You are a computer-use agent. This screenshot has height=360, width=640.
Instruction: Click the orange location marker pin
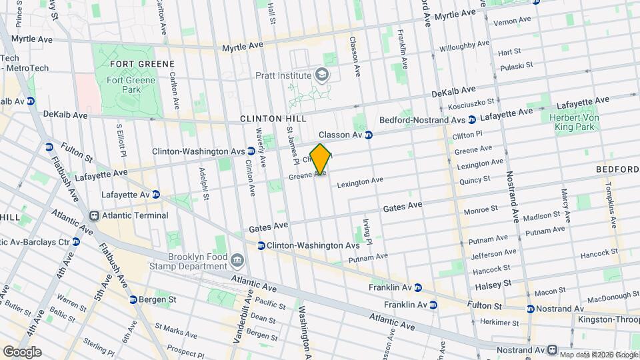coord(321,159)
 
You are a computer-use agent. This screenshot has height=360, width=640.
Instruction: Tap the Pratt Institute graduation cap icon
coord(323,75)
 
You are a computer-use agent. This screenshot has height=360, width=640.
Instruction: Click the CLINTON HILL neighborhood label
coord(273,119)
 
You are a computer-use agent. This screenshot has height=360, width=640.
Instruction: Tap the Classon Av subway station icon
coord(368,135)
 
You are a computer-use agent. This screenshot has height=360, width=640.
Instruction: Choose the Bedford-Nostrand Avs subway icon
coord(472,120)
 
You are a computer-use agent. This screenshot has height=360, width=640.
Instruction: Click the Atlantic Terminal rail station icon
coord(95,216)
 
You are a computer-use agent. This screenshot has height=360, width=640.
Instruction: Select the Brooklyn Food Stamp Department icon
coord(238,259)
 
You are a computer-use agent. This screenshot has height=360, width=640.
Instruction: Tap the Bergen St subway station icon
coord(134,299)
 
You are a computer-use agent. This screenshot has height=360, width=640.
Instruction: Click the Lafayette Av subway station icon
coord(155,195)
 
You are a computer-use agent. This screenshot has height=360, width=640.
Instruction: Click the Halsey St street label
coord(493,285)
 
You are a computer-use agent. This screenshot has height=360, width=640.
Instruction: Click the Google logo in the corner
coord(21,352)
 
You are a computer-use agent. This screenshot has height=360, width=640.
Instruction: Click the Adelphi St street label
coord(203,183)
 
